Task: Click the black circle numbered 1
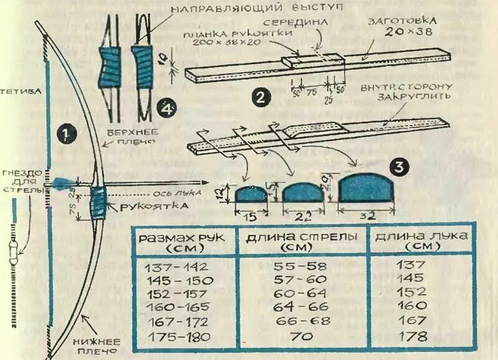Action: coord(65,132)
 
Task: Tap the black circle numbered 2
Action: coord(260,97)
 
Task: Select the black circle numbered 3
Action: coord(398,167)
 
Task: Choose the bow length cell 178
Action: coord(413,337)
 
